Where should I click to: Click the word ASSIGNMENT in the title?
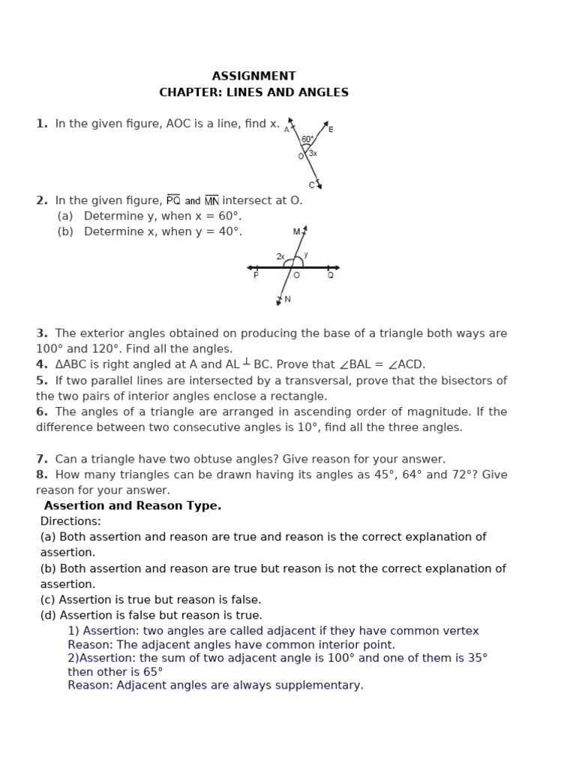(253, 76)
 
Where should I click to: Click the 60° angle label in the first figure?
(307, 139)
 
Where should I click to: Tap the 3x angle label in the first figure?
(313, 153)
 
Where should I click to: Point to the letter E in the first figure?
(331, 129)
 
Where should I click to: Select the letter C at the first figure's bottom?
(312, 184)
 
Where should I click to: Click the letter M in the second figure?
(296, 232)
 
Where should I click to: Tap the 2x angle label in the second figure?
(280, 256)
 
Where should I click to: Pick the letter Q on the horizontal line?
(330, 276)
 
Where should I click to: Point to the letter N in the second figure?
(287, 299)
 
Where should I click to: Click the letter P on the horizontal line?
(256, 276)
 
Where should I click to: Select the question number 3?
(41, 333)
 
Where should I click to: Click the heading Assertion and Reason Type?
(133, 505)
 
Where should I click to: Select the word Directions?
(70, 521)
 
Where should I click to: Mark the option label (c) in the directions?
(48, 600)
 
